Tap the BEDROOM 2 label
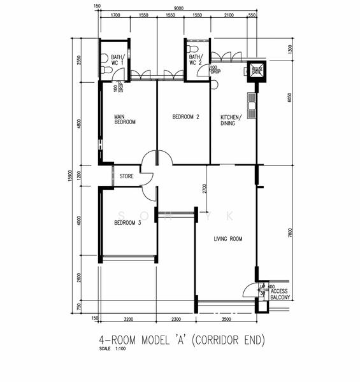[186, 117]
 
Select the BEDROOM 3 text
[127, 223]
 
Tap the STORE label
[126, 176]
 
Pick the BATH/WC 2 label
[196, 60]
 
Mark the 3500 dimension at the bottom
[226, 320]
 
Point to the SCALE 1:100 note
[113, 350]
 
